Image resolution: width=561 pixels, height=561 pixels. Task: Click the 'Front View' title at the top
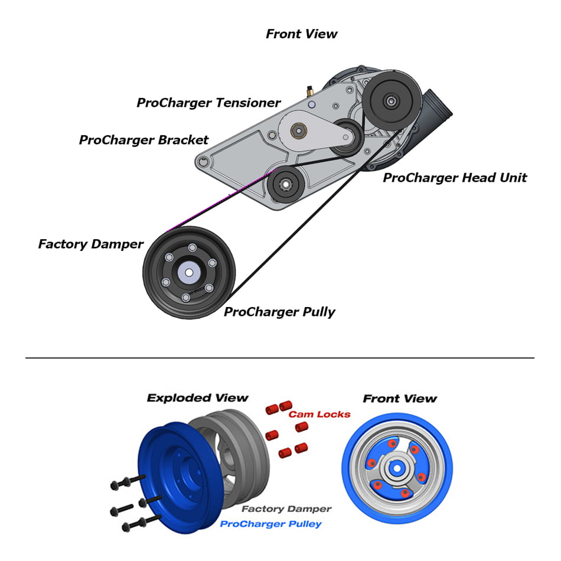point(301,34)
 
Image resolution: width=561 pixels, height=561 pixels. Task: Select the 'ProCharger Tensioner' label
point(208,103)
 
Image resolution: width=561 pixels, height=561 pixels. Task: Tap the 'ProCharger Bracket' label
point(143,140)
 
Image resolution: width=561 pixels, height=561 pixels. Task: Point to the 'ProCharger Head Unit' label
point(455,177)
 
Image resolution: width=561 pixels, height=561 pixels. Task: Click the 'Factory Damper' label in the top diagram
point(90,244)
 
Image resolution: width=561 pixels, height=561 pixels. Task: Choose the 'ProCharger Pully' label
point(279,312)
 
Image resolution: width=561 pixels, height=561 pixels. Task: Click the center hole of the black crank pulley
point(189,272)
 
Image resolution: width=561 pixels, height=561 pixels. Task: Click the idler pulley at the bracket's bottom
point(285,185)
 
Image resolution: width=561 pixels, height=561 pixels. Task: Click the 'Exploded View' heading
point(197,398)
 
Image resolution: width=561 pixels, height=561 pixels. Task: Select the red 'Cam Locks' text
point(319,414)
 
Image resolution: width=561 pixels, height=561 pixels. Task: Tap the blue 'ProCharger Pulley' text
point(270,524)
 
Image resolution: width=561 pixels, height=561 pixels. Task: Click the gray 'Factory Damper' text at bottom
point(286,508)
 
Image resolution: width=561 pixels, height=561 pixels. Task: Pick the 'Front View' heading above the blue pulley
point(400,399)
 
